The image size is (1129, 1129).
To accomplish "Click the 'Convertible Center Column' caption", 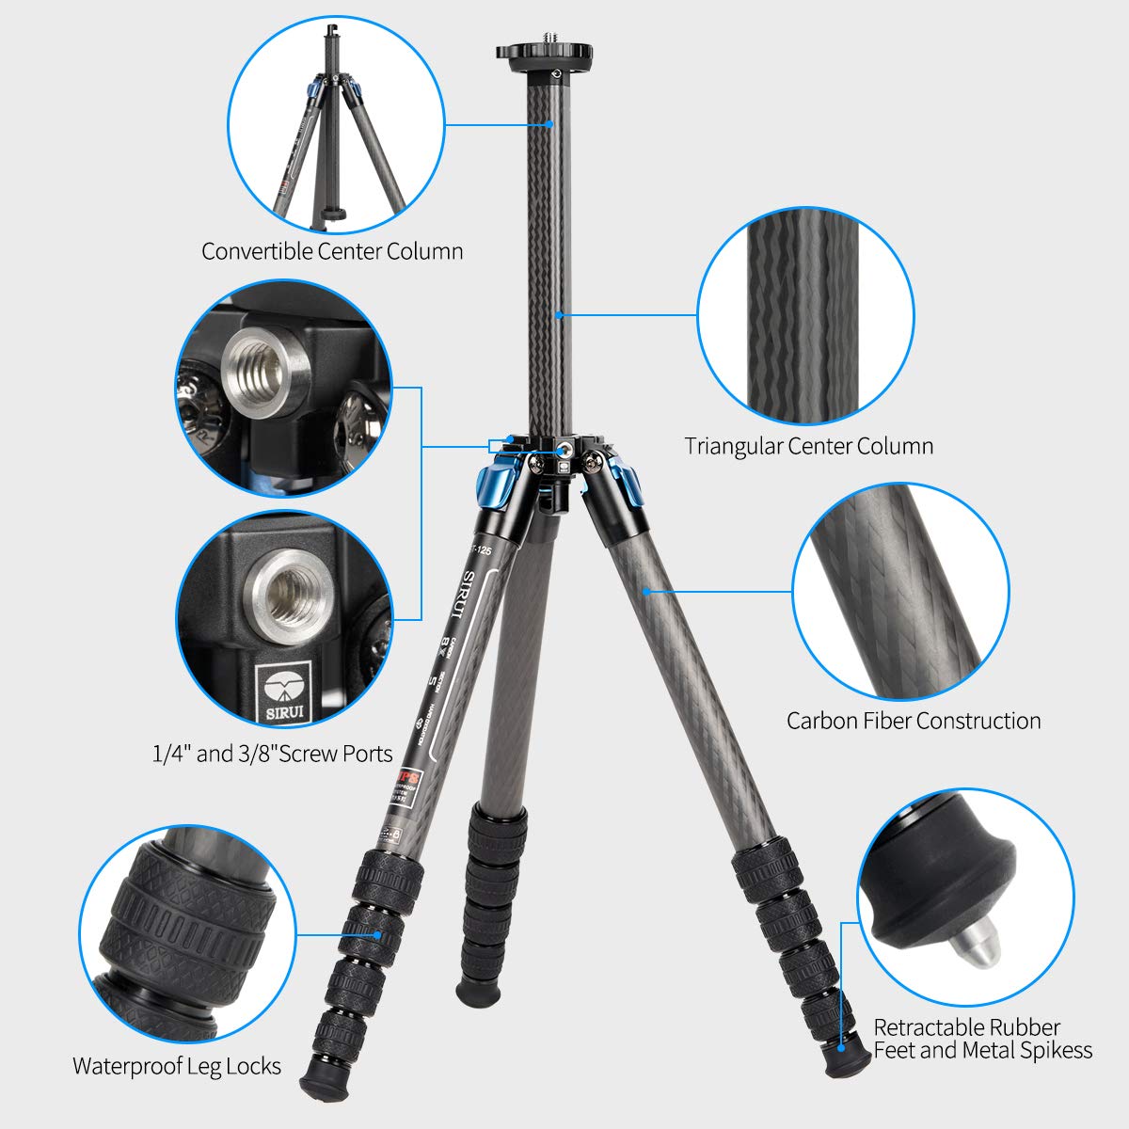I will pyautogui.click(x=332, y=251).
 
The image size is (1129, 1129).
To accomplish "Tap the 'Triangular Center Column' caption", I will pyautogui.click(x=809, y=446).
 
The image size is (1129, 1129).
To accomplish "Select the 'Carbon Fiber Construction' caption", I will pyautogui.click(x=914, y=721).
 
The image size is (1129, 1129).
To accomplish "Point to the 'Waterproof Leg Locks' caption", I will pyautogui.click(x=177, y=1066).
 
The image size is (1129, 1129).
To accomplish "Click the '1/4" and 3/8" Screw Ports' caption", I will pyautogui.click(x=272, y=754).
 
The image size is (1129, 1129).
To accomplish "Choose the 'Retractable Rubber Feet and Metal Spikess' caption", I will pyautogui.click(x=983, y=1039).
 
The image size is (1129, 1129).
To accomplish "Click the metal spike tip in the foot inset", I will pyautogui.click(x=976, y=956).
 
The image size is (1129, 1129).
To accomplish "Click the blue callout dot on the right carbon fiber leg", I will pyautogui.click(x=647, y=592).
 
